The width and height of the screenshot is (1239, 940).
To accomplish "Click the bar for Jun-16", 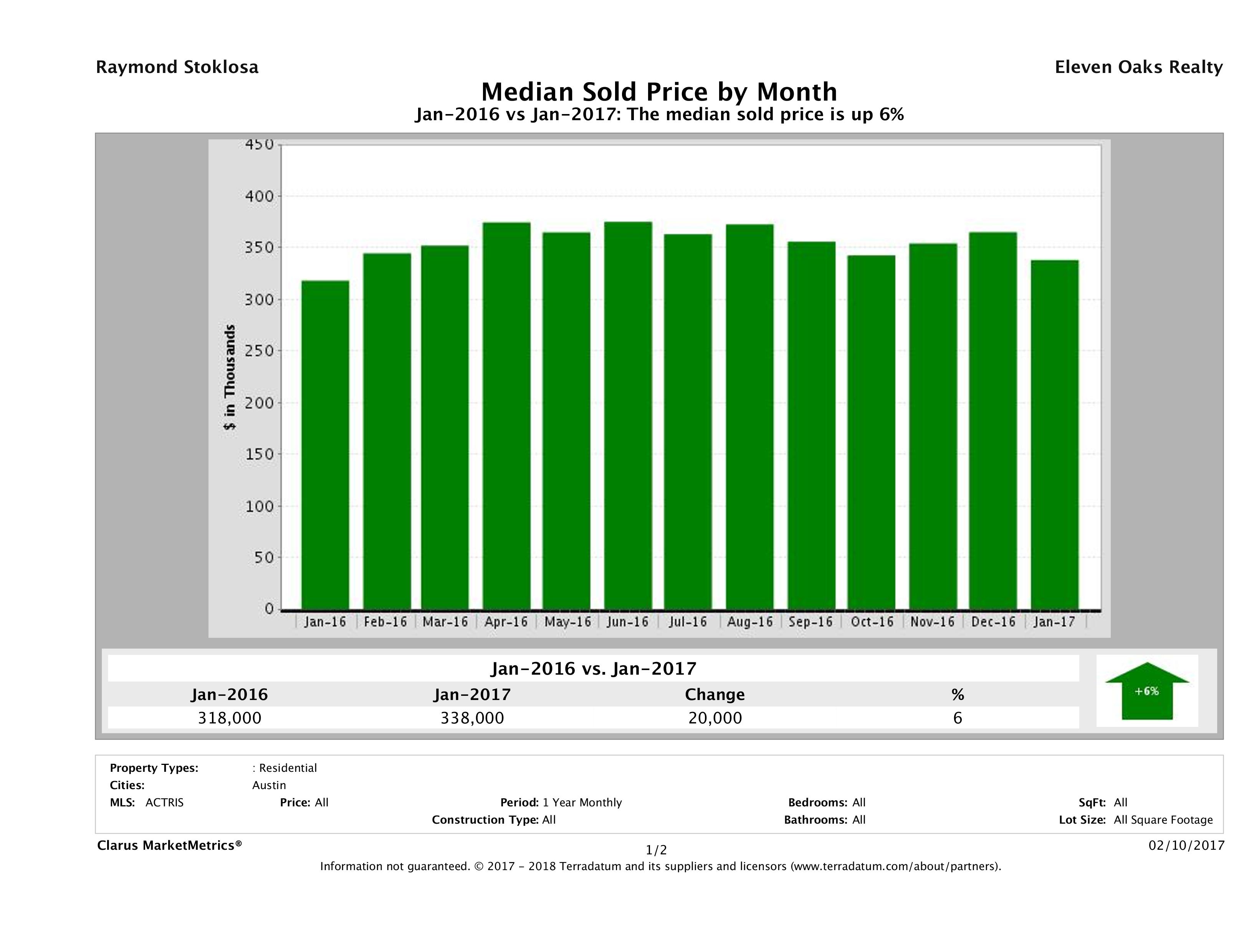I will pos(628,415).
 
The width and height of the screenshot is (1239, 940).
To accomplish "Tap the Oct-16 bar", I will pos(871,432).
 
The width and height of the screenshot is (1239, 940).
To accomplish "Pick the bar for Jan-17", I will pos(1054,435).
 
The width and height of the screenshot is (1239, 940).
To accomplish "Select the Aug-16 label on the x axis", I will pos(749,622).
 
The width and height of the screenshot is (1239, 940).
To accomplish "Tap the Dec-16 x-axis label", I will pos(993,622).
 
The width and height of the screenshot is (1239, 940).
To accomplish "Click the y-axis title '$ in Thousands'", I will pos(230,377).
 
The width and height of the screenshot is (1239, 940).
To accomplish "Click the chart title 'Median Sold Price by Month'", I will pos(659,92).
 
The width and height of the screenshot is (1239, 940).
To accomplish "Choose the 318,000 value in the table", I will pos(230,718).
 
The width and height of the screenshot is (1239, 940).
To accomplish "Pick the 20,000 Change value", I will pos(715,718).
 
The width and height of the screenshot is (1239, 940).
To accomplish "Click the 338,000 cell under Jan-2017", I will pos(472,718).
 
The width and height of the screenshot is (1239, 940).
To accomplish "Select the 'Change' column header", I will pos(715,695).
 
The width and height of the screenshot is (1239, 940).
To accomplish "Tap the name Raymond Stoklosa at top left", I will pos(177,67).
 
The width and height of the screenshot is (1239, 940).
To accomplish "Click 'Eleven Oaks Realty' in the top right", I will pos(1138,67).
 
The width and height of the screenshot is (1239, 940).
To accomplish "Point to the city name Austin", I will pos(269,785).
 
